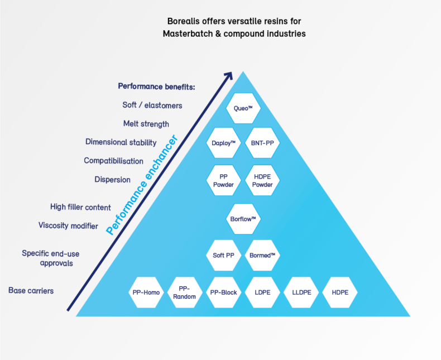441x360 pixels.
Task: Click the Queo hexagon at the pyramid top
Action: point(243,108)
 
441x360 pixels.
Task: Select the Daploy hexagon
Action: point(223,143)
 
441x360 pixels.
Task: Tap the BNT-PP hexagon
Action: point(262,143)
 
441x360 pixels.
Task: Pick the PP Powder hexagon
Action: point(223,180)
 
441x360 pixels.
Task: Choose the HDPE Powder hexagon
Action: point(262,180)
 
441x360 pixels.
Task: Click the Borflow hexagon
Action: point(243,218)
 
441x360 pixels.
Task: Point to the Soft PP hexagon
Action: point(223,255)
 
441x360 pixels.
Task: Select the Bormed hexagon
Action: point(262,255)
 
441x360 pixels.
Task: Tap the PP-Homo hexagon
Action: point(146,292)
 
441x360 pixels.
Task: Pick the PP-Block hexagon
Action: point(223,292)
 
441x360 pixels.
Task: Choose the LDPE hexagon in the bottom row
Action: point(262,292)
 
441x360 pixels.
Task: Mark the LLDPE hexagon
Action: point(301,292)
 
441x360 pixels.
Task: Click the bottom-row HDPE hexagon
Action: point(339,292)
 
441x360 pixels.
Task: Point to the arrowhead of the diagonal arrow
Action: point(228,75)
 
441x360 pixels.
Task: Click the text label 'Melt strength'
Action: point(146,123)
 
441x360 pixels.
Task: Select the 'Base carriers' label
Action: point(31,290)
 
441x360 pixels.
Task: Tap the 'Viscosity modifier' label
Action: point(68,225)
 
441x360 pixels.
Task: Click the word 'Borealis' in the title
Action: point(185,21)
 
